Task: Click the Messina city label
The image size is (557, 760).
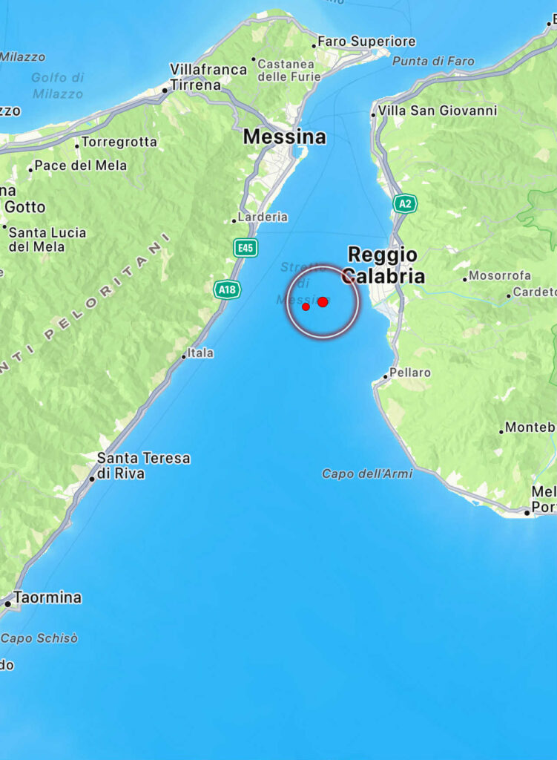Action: tap(284, 137)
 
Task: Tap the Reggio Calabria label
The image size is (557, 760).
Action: tap(383, 266)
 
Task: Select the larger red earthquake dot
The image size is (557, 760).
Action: tap(323, 301)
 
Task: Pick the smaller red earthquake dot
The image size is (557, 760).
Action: tap(306, 307)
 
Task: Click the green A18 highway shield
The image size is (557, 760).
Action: tap(227, 289)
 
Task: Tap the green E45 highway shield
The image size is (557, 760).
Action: tap(245, 247)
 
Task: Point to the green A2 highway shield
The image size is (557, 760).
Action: tap(404, 203)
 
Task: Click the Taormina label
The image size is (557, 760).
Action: tap(47, 597)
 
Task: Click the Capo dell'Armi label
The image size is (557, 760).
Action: tap(367, 474)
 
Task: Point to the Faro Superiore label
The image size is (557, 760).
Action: tap(366, 42)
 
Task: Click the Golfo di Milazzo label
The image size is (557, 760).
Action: tap(57, 85)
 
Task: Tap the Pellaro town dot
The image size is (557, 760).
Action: tap(385, 377)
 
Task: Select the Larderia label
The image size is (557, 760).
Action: tap(263, 217)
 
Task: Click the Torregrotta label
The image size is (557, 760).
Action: tap(119, 142)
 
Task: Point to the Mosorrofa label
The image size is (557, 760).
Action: tap(500, 276)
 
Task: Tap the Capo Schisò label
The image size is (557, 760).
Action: tap(39, 638)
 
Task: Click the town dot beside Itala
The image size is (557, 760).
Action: tap(184, 357)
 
